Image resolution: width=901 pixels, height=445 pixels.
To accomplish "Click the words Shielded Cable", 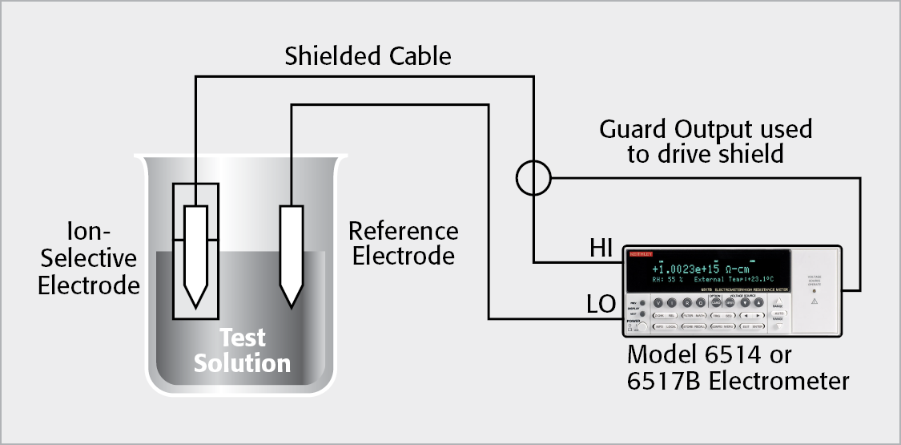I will [x=368, y=56].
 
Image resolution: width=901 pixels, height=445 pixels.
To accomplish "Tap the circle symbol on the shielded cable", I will [x=533, y=178].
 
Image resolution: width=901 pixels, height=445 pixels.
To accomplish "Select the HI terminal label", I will [x=601, y=249].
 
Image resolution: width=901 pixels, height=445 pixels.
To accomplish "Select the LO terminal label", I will [x=601, y=305].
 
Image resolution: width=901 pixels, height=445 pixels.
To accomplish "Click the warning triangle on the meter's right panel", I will [x=814, y=302].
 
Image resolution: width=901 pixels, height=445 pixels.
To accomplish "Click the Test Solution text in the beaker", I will [x=242, y=350].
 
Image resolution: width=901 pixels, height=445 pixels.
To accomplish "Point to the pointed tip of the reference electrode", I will [x=291, y=305].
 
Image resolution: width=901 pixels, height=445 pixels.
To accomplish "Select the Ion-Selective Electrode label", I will [x=89, y=259].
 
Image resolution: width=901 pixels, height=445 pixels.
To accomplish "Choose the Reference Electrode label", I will [x=404, y=244].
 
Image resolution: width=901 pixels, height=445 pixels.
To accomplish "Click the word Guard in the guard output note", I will [x=633, y=129].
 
